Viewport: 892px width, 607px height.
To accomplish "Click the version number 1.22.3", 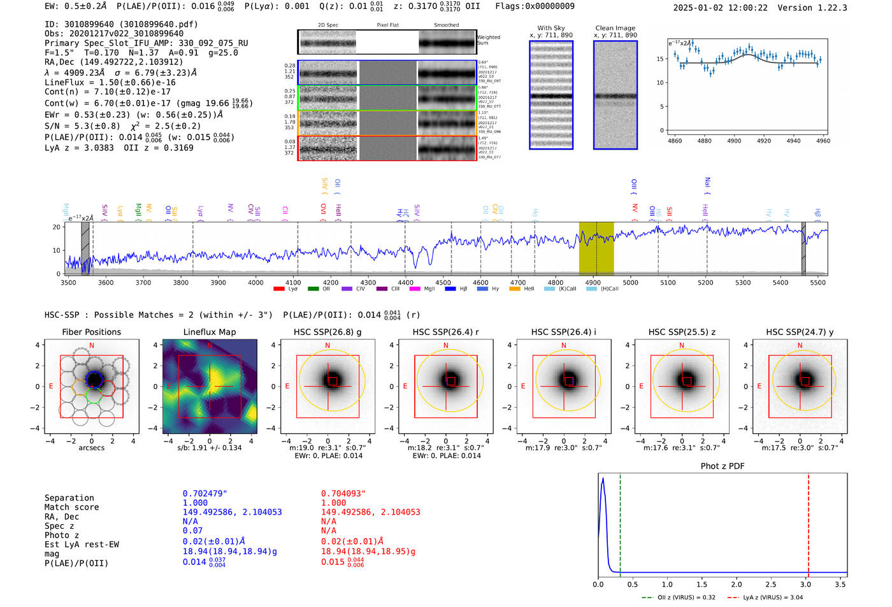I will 827,8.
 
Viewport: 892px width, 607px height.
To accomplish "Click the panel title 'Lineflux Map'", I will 210,332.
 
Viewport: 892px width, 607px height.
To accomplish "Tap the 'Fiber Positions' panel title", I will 91,332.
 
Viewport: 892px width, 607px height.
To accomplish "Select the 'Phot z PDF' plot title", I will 723,466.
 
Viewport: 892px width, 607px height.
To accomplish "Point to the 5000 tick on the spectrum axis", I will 630,283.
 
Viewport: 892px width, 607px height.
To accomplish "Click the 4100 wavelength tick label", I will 293,283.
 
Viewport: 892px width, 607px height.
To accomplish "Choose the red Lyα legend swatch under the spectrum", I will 278,289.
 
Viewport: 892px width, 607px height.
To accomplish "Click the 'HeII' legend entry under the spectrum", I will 529,289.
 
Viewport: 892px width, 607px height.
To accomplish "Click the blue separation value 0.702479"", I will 205,494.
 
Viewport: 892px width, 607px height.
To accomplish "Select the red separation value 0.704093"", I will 343,494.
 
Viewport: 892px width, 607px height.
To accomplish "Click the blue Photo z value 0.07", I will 192,531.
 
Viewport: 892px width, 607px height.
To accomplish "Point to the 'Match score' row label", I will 71,508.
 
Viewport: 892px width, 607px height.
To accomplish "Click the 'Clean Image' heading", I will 615,28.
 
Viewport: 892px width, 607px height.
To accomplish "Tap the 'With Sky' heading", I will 550,28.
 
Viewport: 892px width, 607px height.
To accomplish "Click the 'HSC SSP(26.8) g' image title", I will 327,332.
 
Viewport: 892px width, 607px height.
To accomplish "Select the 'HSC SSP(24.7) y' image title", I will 800,332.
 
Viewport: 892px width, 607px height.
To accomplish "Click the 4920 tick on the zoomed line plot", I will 763,141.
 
